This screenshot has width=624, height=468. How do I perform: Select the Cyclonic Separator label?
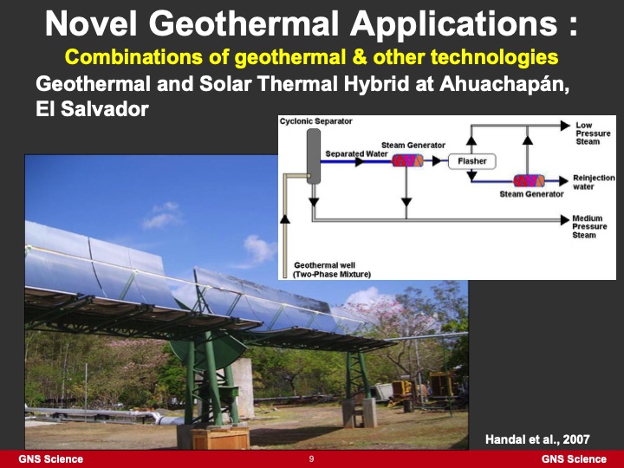pos(316,121)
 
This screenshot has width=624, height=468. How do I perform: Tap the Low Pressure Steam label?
pos(593,133)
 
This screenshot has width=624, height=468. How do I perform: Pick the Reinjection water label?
pos(594,182)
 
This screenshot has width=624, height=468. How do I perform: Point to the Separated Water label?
pos(356,153)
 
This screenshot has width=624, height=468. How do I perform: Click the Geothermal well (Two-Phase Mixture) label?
pos(332,269)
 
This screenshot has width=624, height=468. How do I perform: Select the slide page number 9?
pos(311,458)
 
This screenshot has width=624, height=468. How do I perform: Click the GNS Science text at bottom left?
pos(51,458)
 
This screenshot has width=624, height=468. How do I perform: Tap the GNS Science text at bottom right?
pos(574,458)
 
